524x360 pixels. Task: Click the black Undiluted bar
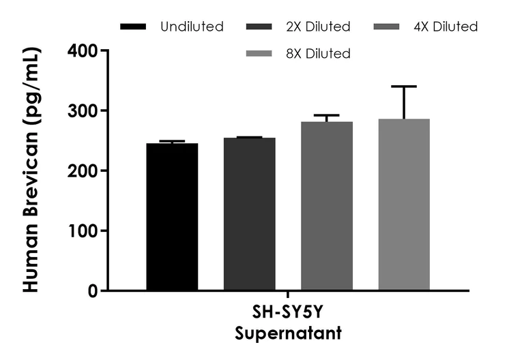172,217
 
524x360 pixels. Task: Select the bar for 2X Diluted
249,214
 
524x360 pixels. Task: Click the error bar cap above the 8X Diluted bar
404,87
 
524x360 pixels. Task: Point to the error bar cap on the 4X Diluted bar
327,115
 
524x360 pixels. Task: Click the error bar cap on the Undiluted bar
172,141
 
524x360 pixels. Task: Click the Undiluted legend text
192,27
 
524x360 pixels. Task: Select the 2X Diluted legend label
318,27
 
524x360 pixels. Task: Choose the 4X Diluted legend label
446,27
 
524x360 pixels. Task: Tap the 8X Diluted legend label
318,53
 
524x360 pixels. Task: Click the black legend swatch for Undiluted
133,27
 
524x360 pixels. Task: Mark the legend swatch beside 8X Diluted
260,53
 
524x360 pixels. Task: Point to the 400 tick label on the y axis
82,50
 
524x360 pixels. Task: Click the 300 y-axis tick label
82,110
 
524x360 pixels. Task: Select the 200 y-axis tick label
82,170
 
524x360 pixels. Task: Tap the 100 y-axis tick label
82,230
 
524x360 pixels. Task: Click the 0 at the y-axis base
93,291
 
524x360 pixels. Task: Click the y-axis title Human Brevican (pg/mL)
31,170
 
